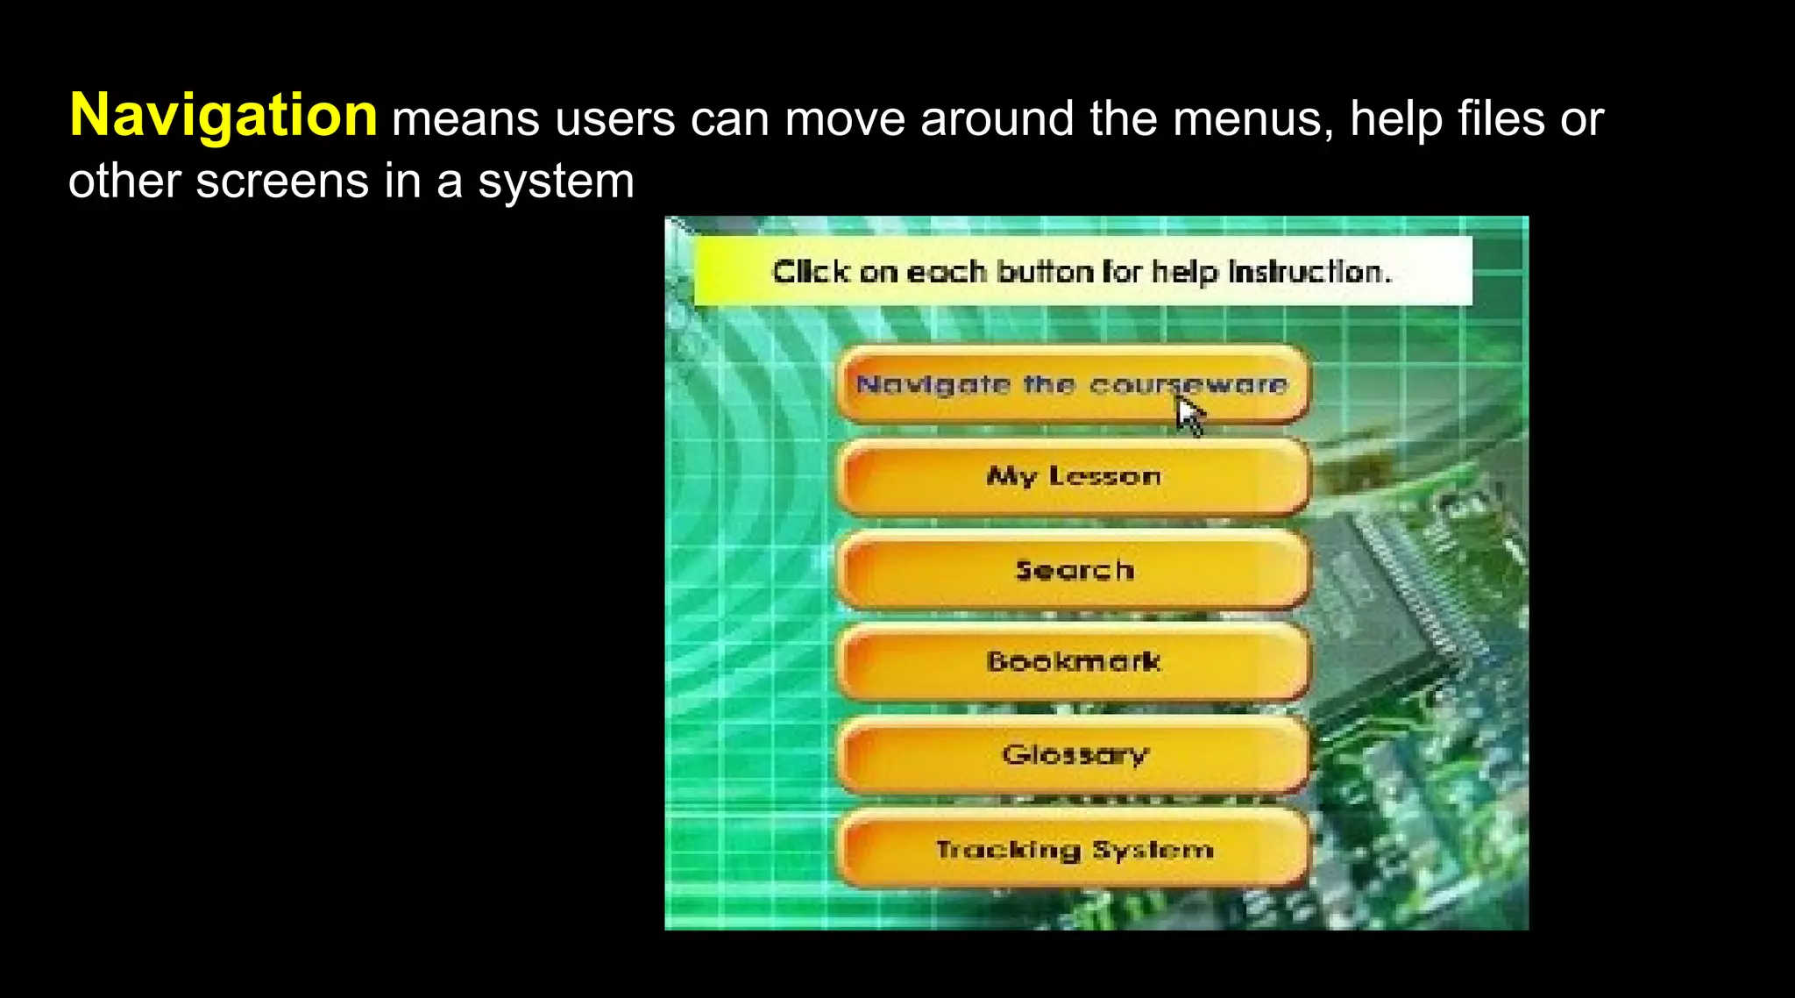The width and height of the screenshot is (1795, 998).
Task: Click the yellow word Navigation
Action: coord(223,116)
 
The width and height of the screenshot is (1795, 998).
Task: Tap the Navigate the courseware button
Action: coord(1073,384)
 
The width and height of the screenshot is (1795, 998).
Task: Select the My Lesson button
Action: coord(1073,476)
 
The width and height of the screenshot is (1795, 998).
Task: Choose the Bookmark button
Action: coord(1073,661)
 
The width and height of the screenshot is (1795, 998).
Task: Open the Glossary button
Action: coord(1073,754)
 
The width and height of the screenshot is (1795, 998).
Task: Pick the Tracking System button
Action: coord(1073,849)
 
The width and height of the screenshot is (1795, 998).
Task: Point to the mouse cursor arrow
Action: coord(1188,415)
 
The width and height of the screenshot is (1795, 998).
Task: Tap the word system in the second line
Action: coord(556,182)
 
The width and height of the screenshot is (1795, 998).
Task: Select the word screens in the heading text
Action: coord(281,182)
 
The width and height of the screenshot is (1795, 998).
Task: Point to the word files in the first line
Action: coord(1501,118)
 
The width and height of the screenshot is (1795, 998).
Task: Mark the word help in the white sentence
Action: coord(1396,118)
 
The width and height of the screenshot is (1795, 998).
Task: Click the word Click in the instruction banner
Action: coord(810,272)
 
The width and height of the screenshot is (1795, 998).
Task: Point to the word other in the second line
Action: coord(124,182)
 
